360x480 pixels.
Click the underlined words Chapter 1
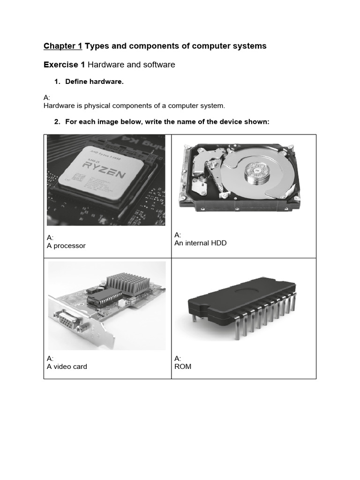[x=63, y=46]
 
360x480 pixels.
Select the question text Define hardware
[x=94, y=82]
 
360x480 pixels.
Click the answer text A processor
[x=66, y=246]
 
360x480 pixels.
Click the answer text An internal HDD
[x=200, y=243]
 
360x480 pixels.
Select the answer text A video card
[x=67, y=367]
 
